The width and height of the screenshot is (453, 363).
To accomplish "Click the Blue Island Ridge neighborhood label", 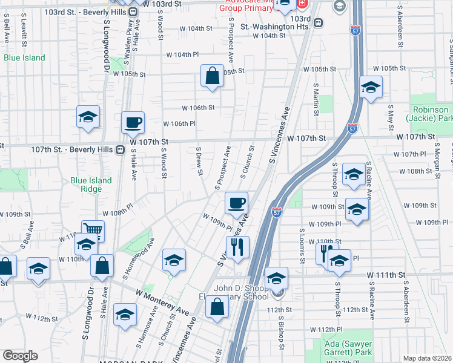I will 91,185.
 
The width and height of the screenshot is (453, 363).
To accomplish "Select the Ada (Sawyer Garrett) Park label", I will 346,347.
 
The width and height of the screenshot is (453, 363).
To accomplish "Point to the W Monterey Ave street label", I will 162,301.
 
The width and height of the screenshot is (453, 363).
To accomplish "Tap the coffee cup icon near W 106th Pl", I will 133,122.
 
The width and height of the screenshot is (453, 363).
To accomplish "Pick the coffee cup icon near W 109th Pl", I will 237,203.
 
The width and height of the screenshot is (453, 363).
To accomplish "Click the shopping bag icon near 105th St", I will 212,76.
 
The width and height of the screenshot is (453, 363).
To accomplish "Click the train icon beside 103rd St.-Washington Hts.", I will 317,22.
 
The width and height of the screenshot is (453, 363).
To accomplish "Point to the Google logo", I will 20,356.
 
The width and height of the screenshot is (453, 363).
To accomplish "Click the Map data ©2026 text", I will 427,358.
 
